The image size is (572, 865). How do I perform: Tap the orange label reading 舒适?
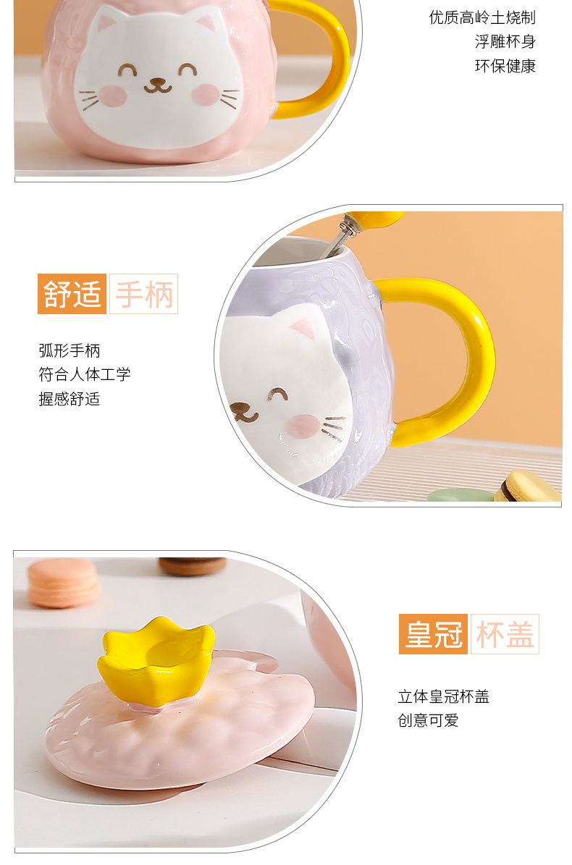coord(72,293)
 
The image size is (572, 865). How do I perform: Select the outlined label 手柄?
coord(143,293)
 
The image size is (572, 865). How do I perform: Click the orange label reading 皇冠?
coord(433,634)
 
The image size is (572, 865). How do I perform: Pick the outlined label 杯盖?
coord(505,634)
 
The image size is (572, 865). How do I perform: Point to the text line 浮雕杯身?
coord(505,41)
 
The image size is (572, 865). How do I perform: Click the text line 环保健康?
coord(505,66)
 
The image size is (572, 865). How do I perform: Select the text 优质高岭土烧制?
coord(482,17)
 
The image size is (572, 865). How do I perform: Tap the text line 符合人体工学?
coord(85,374)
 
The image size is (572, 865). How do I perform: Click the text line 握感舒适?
coord(70,398)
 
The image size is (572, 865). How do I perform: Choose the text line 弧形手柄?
coord(70,350)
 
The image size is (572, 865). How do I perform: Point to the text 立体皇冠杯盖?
coord(443,696)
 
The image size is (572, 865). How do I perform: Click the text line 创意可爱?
coord(428,720)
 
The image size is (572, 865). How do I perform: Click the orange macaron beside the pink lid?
coord(63,582)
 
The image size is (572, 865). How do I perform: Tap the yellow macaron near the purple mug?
coord(527,486)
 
